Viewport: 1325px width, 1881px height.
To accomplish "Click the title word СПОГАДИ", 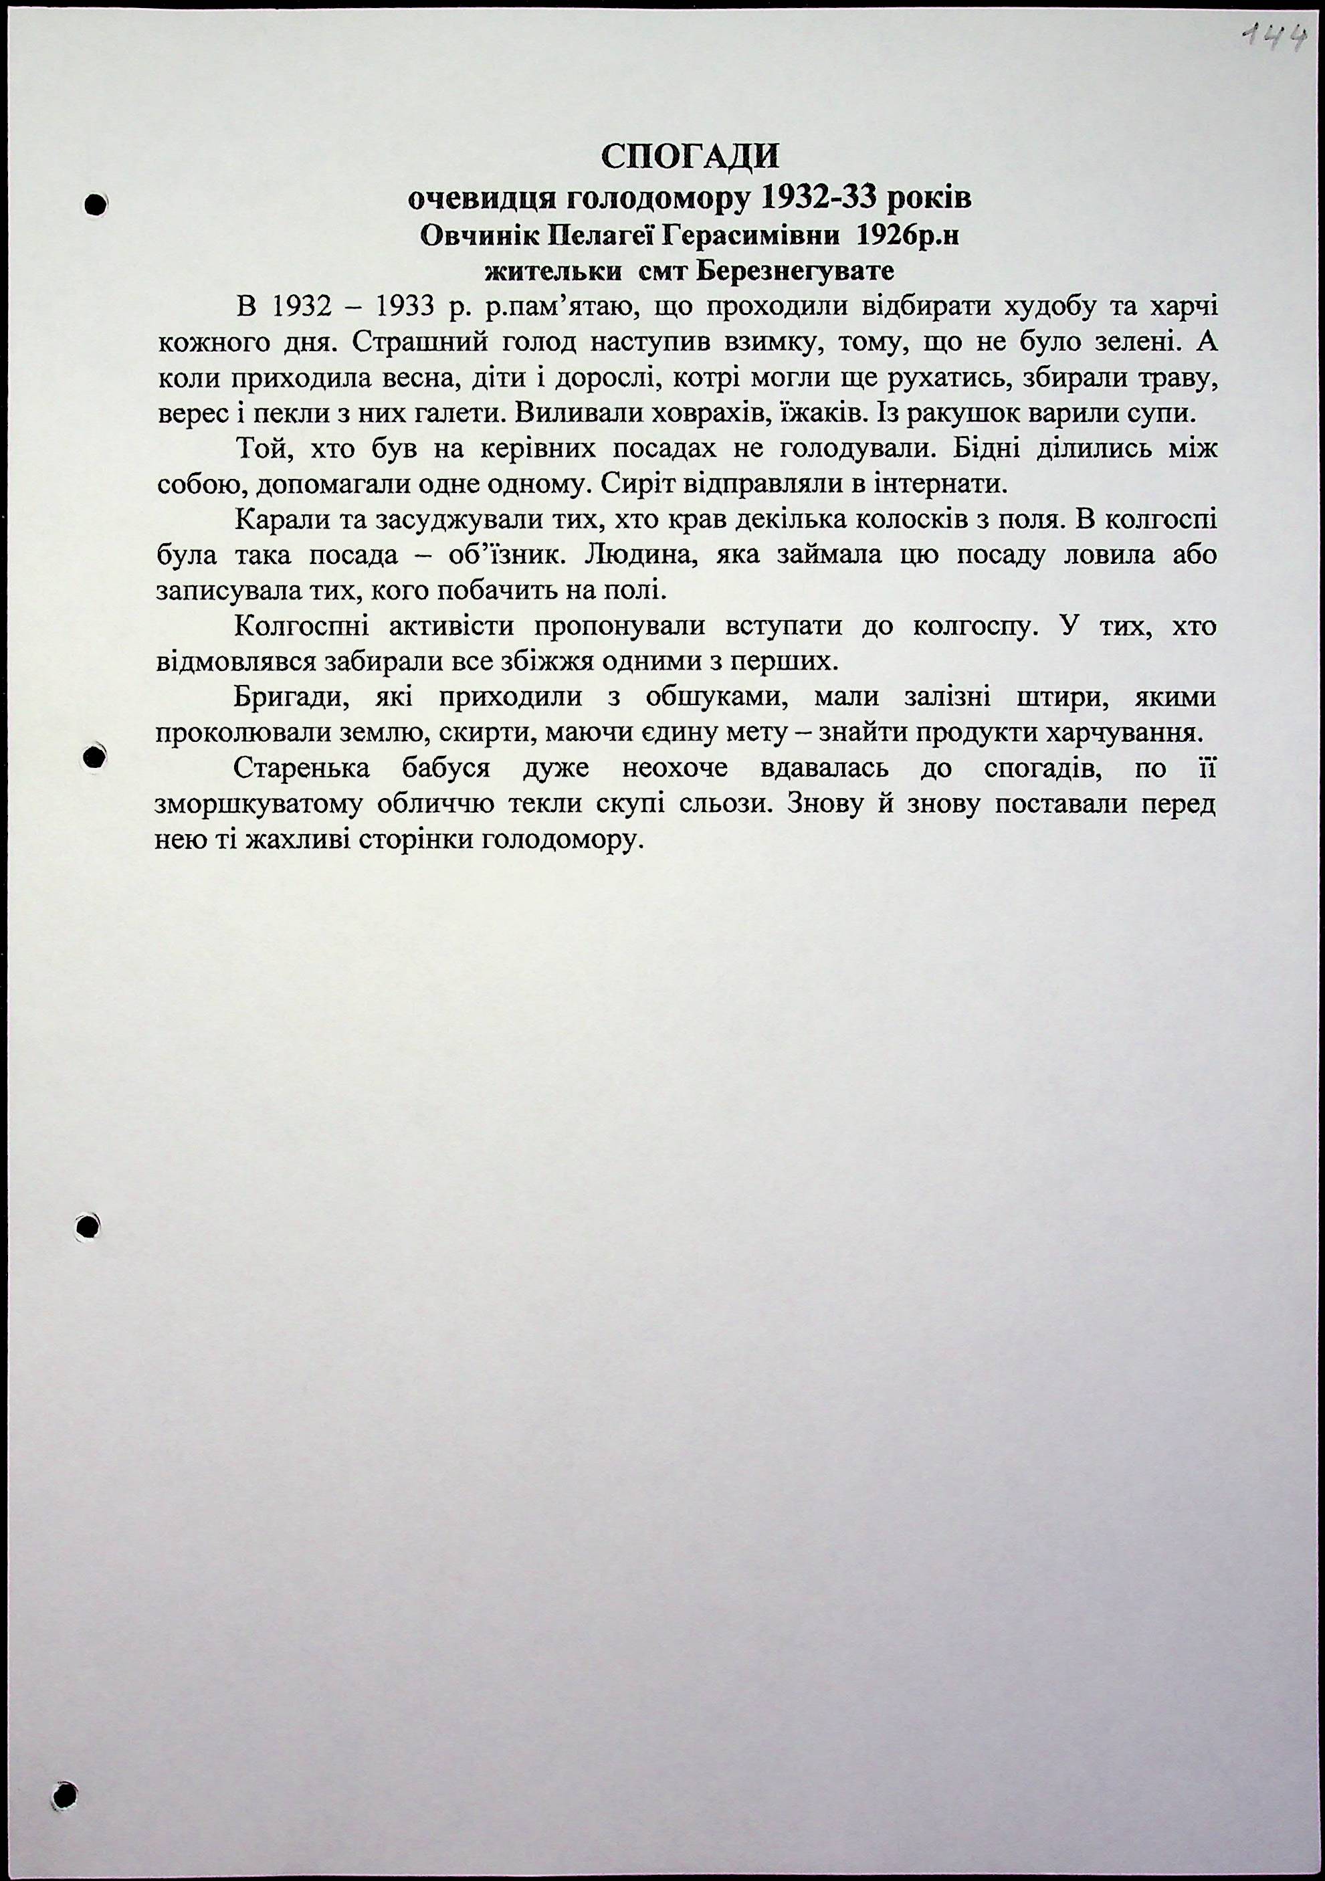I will [x=690, y=157].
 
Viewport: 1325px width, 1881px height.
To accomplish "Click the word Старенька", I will [x=302, y=769].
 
